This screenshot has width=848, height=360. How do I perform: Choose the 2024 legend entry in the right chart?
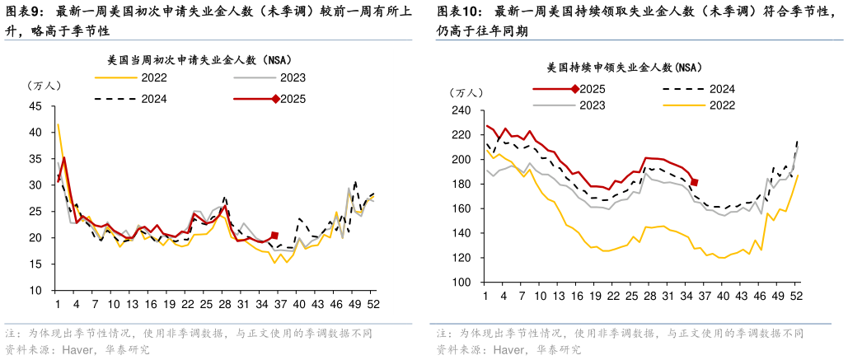[x=721, y=89]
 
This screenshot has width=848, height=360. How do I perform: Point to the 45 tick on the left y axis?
[x=37, y=106]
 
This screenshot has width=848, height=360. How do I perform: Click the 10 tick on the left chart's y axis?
[x=37, y=291]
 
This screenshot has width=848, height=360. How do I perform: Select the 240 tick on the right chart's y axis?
[x=463, y=110]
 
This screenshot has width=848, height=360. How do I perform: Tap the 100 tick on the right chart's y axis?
[x=463, y=283]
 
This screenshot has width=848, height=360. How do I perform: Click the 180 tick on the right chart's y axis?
[x=463, y=185]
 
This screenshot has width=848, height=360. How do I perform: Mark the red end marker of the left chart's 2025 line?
[x=274, y=236]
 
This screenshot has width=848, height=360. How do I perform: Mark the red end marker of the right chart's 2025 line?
[x=695, y=182]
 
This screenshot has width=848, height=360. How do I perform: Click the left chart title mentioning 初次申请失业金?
[x=199, y=60]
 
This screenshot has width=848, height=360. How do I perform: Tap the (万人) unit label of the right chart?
[x=467, y=91]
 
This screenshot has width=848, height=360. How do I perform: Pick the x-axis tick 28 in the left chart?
[x=225, y=304]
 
